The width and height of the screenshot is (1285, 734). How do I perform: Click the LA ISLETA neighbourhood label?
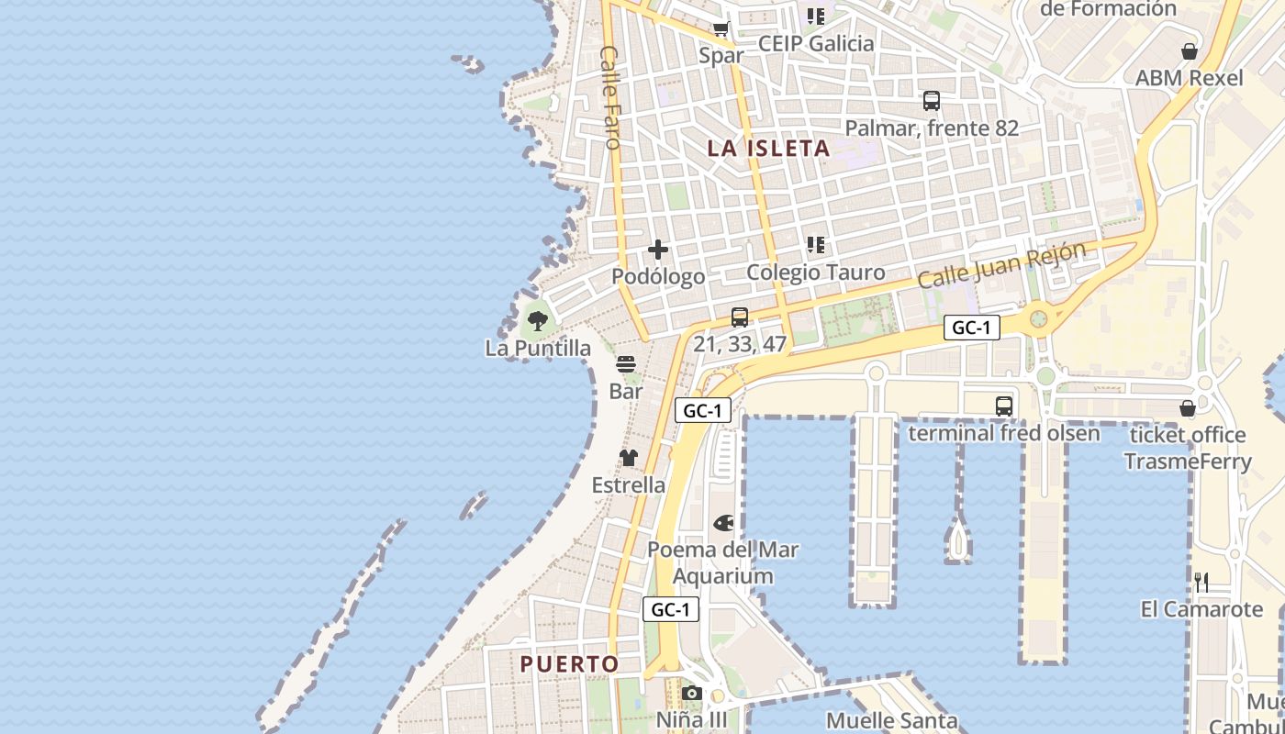coord(768,148)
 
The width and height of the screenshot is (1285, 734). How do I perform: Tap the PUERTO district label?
coord(569,663)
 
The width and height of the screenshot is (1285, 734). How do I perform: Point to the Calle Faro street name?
coord(611,96)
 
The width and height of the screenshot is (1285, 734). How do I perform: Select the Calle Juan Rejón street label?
coord(1001,264)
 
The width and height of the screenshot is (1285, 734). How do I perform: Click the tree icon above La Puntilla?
coord(538,321)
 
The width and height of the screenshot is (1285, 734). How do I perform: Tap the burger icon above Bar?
coord(626,364)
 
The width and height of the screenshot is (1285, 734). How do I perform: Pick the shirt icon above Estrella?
coord(628,458)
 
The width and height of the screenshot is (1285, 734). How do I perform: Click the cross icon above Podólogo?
coord(658,249)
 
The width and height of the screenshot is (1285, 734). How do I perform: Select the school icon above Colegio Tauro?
coord(815,245)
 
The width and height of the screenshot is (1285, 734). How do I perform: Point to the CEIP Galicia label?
coord(816,43)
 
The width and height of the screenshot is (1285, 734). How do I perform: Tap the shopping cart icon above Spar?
coord(721,28)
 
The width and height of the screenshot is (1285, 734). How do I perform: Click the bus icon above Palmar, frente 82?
coord(932,101)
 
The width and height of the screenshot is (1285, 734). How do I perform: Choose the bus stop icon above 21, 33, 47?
coord(740,317)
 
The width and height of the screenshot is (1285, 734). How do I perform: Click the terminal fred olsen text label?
coord(1003,433)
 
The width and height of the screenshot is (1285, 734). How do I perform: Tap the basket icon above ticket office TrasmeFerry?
coord(1188,407)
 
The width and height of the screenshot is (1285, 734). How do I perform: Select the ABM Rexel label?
coord(1189,78)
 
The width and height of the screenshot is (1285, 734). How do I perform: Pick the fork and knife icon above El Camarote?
coord(1201,582)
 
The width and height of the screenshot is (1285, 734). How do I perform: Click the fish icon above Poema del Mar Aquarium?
coord(723,523)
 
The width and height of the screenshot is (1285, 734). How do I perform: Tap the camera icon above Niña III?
coord(692,693)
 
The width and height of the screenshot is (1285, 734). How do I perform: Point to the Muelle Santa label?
coord(891,721)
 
